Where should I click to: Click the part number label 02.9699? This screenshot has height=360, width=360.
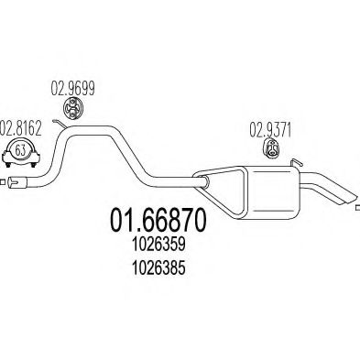tap(71, 93)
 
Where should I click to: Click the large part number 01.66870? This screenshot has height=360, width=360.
tap(154, 220)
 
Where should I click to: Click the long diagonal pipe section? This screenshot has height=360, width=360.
tap(156, 156)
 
